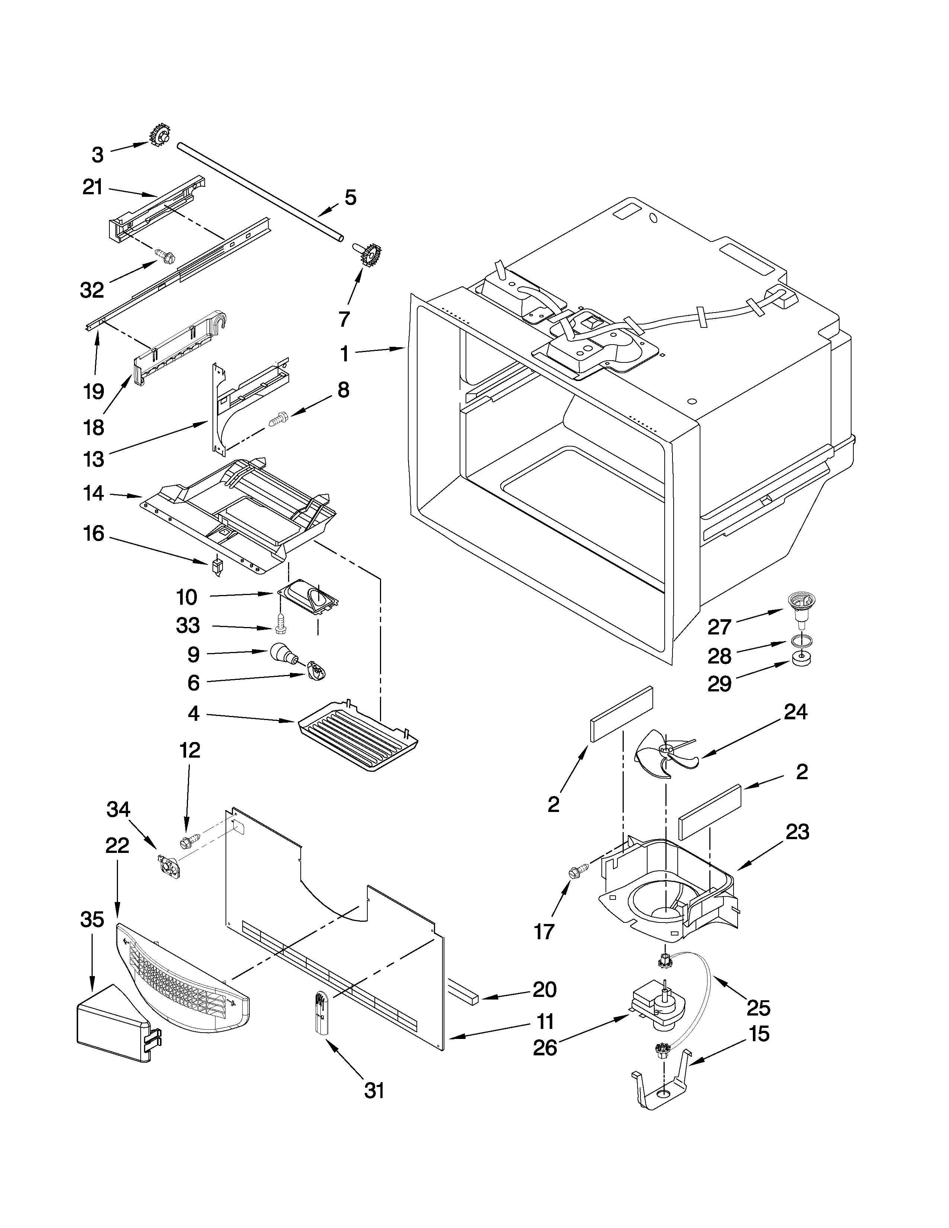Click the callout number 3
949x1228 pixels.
click(x=98, y=155)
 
